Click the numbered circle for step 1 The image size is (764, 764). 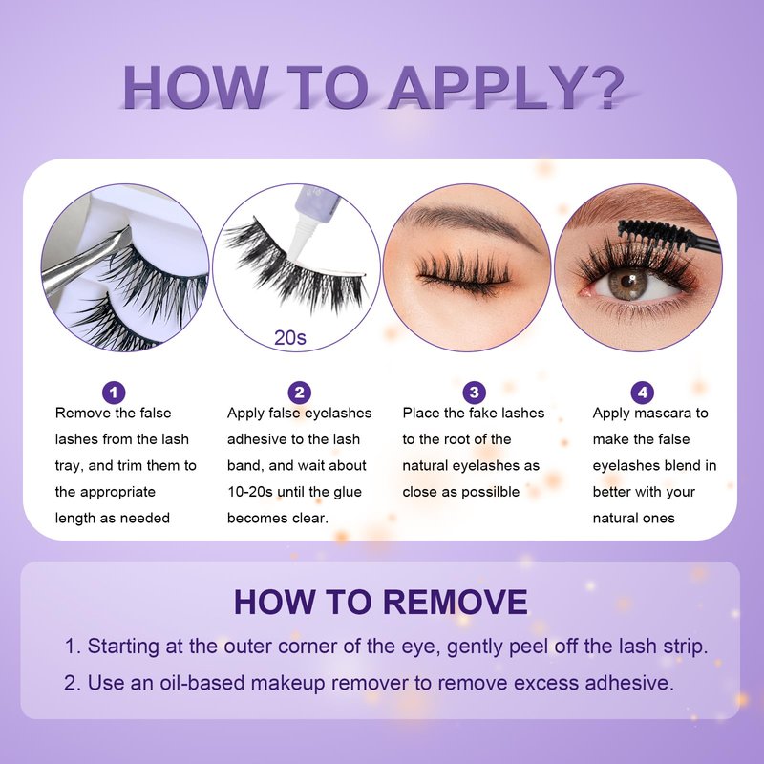pos(114,393)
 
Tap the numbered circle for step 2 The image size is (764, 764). pos(300,393)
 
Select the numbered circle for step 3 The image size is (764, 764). pos(474,393)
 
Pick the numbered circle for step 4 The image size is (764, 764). pos(642,393)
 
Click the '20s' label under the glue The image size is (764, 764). pos(290,337)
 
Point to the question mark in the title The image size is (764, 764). pos(605,87)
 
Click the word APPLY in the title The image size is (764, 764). pos(486,87)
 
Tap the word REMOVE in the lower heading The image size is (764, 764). pos(456,602)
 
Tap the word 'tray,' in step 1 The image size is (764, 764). pos(70,466)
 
